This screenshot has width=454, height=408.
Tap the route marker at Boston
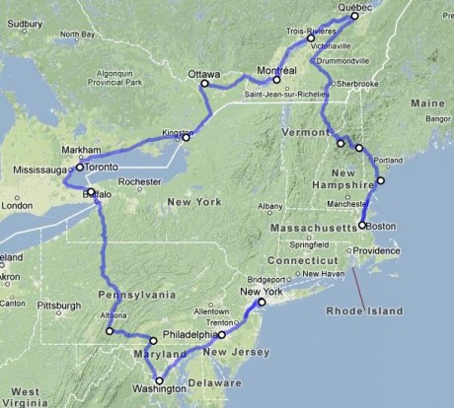click(x=362, y=226)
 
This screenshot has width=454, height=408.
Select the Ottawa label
click(x=203, y=72)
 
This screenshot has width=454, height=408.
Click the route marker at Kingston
click(x=186, y=137)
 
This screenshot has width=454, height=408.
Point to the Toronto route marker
click(x=80, y=168)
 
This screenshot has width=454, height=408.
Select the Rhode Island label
click(x=365, y=311)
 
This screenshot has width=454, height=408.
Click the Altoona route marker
click(x=110, y=331)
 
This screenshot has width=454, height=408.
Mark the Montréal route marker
click(x=277, y=80)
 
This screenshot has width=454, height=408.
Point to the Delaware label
click(x=214, y=381)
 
